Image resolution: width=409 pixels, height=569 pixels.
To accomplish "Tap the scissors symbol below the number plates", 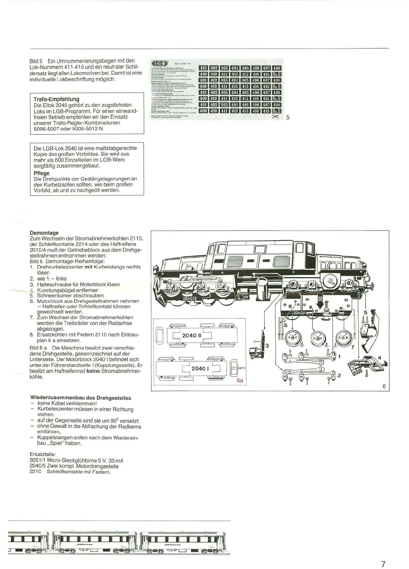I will tap(276, 117).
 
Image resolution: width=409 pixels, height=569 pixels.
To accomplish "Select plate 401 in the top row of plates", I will tap(203, 68).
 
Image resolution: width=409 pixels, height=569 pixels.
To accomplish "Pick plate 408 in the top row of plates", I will tap(276, 68).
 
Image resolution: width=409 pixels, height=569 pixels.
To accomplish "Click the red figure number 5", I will tap(287, 117).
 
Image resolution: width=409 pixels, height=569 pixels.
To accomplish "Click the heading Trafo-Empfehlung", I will tap(56, 99).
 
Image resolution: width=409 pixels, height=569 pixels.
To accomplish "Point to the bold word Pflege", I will tap(41, 173).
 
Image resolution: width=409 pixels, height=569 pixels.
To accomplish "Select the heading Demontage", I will tap(44, 233).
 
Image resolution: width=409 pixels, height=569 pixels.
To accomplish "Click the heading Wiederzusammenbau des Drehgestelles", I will tap(81, 398).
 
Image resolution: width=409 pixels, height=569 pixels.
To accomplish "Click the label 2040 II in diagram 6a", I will tap(191, 335).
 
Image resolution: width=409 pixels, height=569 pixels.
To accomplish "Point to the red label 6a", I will tap(240, 380).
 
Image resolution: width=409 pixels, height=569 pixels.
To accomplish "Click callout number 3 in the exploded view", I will tap(267, 346).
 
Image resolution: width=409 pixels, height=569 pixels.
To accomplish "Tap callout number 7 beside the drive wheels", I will tap(352, 347).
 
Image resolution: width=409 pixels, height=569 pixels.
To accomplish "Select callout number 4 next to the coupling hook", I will tap(379, 358).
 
